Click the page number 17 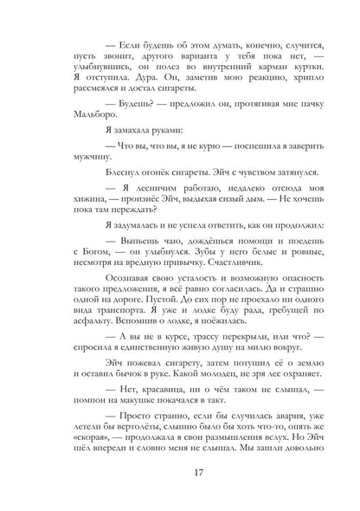pos(179,472)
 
